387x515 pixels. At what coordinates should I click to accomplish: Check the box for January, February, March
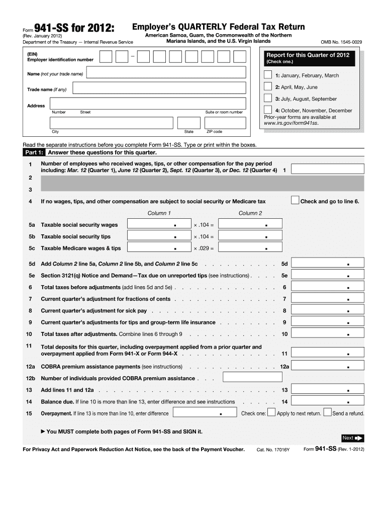click(x=268, y=75)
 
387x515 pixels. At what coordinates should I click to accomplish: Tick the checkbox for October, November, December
click(x=268, y=110)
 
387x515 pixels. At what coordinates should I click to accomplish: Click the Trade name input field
click(x=159, y=89)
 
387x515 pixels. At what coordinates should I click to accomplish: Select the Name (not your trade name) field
click(x=166, y=73)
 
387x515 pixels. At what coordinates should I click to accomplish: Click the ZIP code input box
click(x=225, y=123)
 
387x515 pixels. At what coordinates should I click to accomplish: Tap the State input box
click(x=188, y=123)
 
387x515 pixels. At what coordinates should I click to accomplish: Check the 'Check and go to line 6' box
click(x=295, y=201)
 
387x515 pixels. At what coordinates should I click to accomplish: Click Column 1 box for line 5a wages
click(x=159, y=224)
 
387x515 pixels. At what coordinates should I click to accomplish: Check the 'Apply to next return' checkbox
click(x=271, y=413)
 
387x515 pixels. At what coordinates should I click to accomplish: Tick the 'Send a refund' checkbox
click(x=327, y=413)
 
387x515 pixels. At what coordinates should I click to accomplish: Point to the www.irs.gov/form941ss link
click(x=291, y=122)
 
